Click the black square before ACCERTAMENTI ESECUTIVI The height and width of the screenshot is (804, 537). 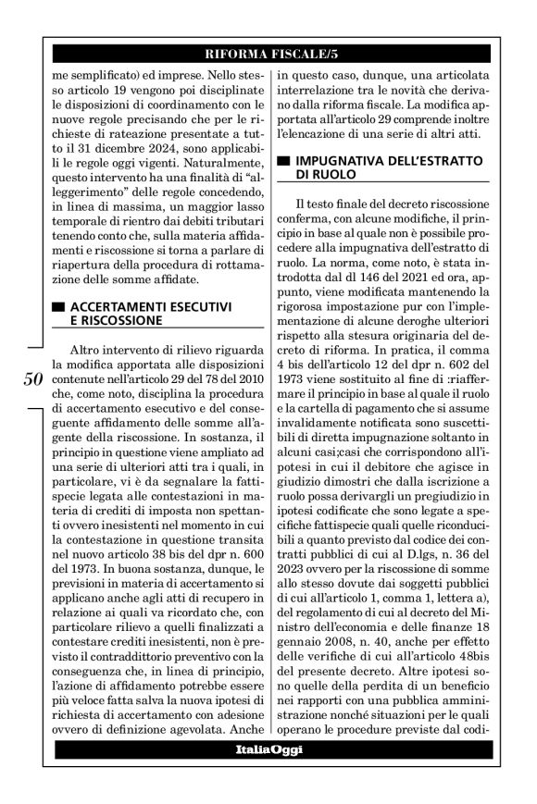click(x=58, y=305)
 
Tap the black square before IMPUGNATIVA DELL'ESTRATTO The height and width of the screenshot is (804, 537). click(x=284, y=161)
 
